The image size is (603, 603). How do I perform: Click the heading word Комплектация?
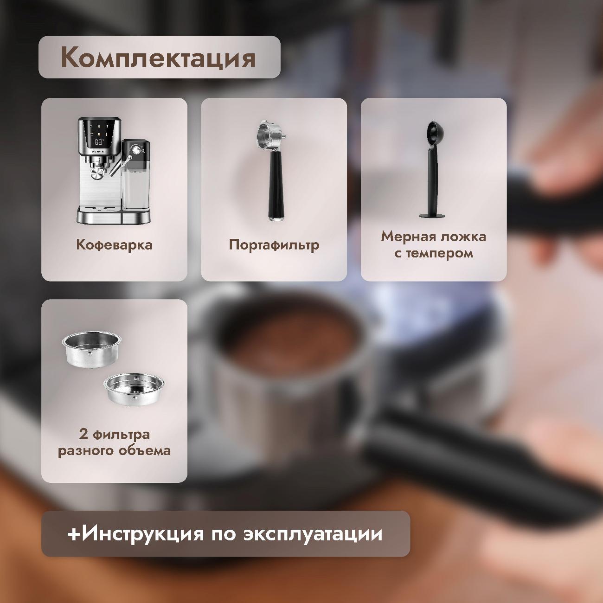158,58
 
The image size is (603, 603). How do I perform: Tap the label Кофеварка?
114,244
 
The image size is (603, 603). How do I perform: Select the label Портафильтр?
274,244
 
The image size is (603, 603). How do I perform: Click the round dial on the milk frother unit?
135,150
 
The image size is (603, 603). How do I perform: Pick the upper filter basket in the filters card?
89,348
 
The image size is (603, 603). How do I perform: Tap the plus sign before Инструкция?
74,534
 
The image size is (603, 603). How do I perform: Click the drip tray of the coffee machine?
98,215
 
